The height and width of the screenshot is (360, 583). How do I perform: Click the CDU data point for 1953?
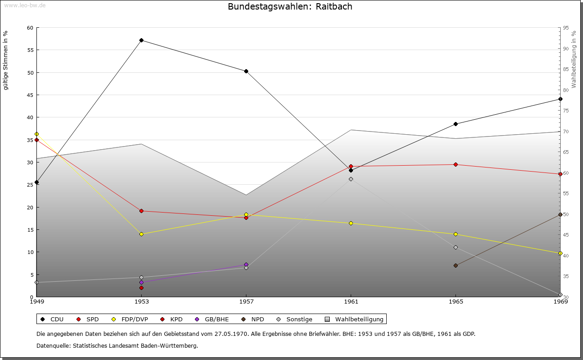pyautogui.click(x=142, y=41)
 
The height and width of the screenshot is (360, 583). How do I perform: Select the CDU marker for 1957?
pyautogui.click(x=246, y=71)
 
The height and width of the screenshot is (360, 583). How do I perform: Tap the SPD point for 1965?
pyautogui.click(x=456, y=164)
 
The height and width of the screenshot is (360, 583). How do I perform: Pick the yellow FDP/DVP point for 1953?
pyautogui.click(x=142, y=234)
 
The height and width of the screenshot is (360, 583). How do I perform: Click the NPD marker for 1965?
pyautogui.click(x=456, y=265)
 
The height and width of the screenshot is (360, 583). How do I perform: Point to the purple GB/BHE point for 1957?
pyautogui.click(x=246, y=264)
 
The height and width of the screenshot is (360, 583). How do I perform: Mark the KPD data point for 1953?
pyautogui.click(x=142, y=288)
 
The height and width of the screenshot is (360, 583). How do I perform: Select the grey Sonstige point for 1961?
pyautogui.click(x=351, y=179)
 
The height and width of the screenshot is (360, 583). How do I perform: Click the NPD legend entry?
pyautogui.click(x=254, y=319)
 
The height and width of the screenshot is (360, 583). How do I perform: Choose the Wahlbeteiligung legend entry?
pyautogui.click(x=355, y=319)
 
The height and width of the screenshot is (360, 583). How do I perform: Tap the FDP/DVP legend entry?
pyautogui.click(x=129, y=319)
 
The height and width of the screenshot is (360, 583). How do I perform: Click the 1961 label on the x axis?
pyautogui.click(x=351, y=301)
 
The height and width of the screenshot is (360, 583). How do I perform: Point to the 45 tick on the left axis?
pyautogui.click(x=30, y=95)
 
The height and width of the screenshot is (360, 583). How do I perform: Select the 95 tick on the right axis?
pyautogui.click(x=566, y=28)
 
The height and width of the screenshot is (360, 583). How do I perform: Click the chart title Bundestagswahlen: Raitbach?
pyautogui.click(x=290, y=6)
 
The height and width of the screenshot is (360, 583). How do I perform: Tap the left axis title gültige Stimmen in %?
pyautogui.click(x=6, y=60)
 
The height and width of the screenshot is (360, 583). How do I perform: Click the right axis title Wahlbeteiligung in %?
pyautogui.click(x=574, y=59)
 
